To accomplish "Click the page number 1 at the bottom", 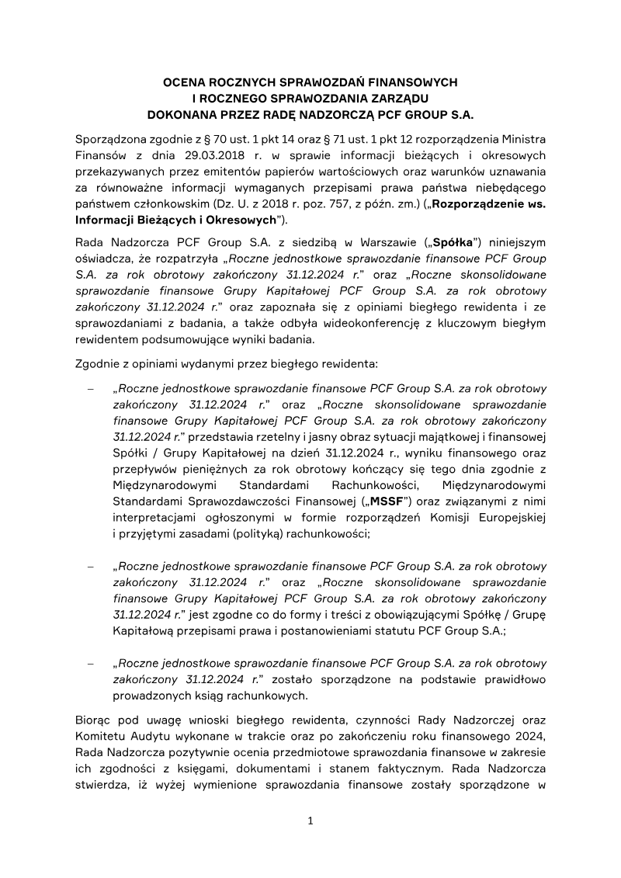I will click(x=310, y=821).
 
